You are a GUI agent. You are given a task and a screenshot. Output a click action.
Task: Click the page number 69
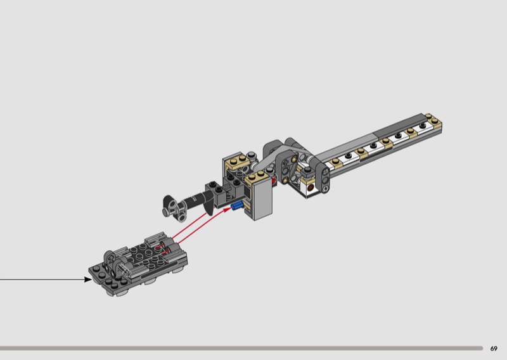[494, 349]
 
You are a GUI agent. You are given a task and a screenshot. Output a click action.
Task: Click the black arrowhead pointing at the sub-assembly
[88, 279]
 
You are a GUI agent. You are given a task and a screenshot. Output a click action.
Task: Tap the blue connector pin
[237, 205]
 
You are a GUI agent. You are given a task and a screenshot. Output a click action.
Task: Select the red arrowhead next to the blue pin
[228, 209]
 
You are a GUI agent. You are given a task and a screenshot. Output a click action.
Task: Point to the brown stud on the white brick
[311, 188]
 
